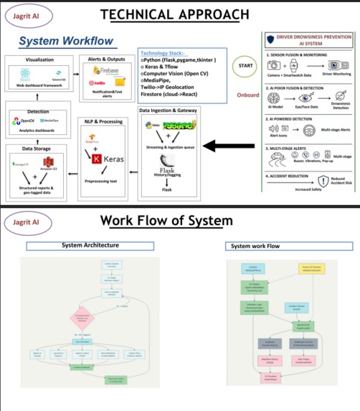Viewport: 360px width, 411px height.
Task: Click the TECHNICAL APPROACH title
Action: (x=175, y=14)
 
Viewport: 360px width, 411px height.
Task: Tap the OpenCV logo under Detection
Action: (x=19, y=122)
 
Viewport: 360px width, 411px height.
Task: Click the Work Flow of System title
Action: (x=166, y=220)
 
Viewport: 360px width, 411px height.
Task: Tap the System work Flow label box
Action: (x=255, y=246)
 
